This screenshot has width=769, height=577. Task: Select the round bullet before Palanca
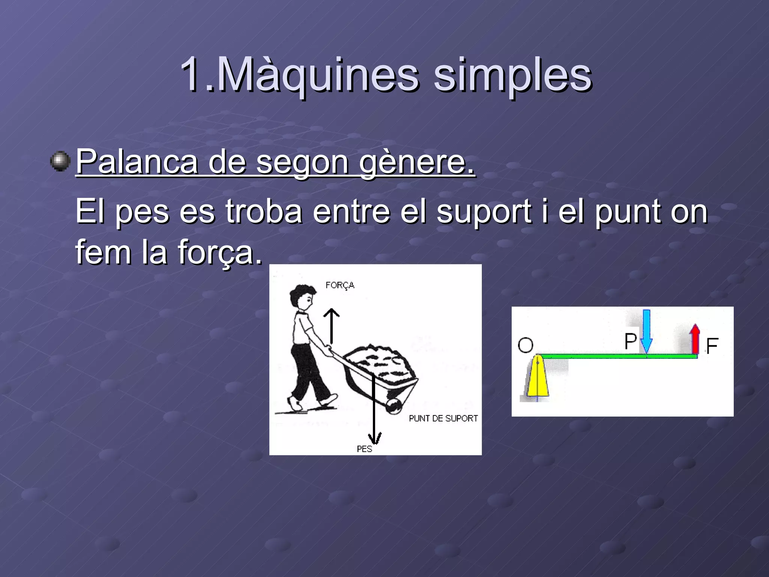pyautogui.click(x=60, y=162)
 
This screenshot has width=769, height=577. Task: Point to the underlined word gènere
pyautogui.click(x=417, y=162)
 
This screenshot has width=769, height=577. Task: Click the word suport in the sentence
pyautogui.click(x=484, y=211)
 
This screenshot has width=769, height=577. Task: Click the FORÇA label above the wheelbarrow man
pyautogui.click(x=340, y=285)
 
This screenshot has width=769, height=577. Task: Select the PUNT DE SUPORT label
pyautogui.click(x=443, y=418)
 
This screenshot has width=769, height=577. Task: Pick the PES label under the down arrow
pyautogui.click(x=364, y=449)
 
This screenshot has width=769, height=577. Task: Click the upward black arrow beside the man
pyautogui.click(x=332, y=325)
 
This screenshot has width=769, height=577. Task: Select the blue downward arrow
pyautogui.click(x=646, y=331)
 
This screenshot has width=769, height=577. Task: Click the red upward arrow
pyautogui.click(x=695, y=339)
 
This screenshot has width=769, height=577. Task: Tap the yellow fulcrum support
pyautogui.click(x=538, y=378)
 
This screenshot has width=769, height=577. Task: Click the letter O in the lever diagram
pyautogui.click(x=525, y=345)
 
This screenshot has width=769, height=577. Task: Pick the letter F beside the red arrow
pyautogui.click(x=712, y=346)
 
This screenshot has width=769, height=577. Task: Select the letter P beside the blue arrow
pyautogui.click(x=630, y=341)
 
